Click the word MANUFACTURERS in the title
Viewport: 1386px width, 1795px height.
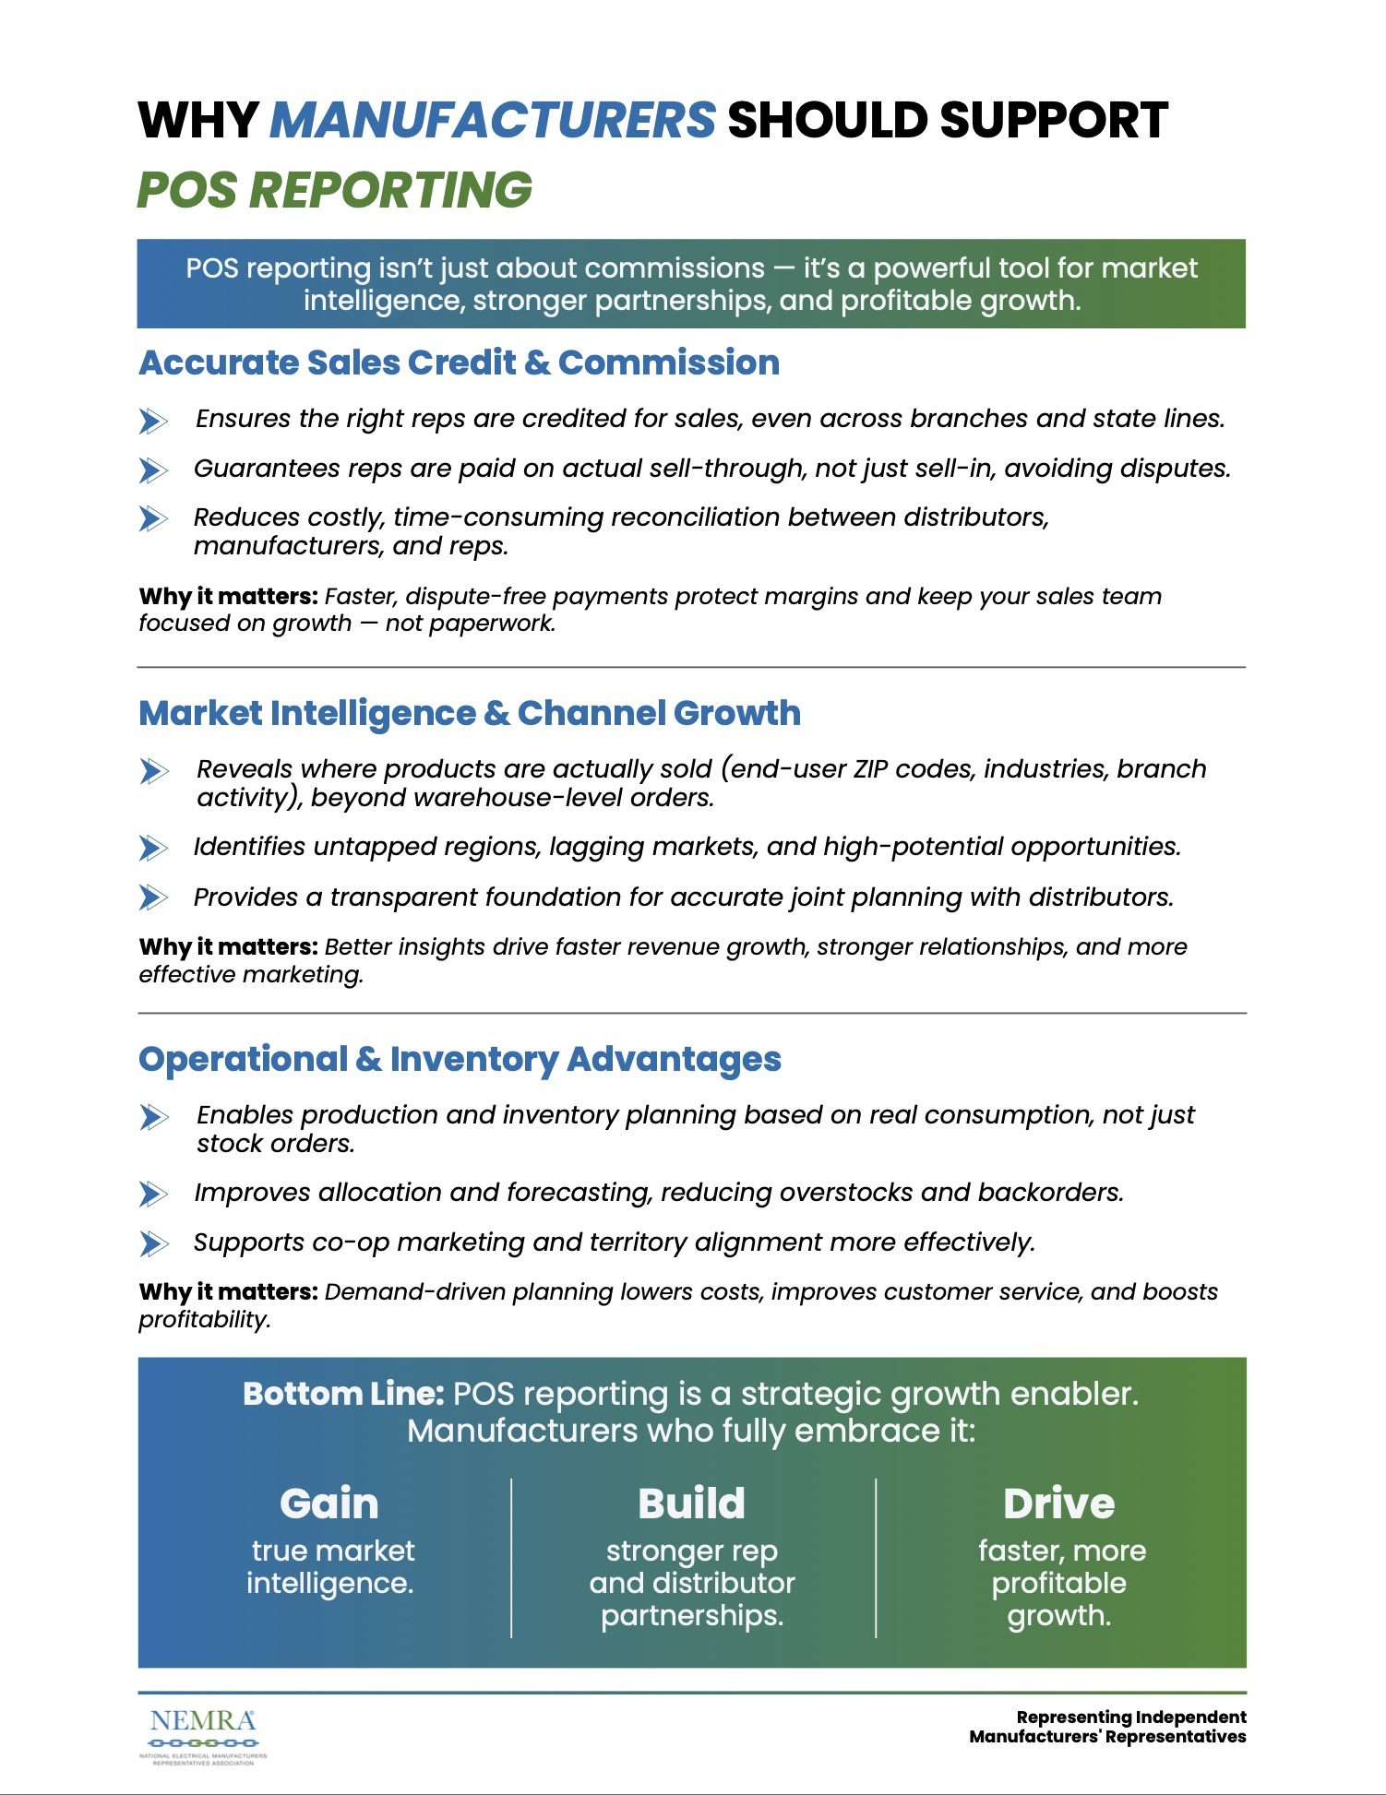pos(492,121)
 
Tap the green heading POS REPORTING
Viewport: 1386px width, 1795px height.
pos(334,190)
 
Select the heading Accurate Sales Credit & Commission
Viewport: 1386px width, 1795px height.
pos(459,363)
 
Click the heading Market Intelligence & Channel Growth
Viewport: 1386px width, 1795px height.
pos(469,713)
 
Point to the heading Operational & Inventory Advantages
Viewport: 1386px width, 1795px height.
pos(460,1059)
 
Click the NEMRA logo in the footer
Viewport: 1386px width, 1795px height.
pos(203,1733)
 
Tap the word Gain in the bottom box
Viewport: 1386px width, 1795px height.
pos(329,1504)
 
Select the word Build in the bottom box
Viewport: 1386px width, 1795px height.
pos(691,1504)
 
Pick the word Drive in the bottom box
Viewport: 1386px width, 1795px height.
pos(1058,1504)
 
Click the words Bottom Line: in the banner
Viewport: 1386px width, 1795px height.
pos(343,1394)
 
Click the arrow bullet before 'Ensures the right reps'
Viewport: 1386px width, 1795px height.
pos(153,421)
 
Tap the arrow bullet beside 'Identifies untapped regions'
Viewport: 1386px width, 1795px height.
pos(153,848)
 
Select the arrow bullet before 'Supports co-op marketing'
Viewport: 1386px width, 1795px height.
pos(153,1243)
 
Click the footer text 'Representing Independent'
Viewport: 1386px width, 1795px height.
pos(1130,1717)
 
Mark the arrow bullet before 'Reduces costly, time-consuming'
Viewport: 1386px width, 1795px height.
pos(153,518)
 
